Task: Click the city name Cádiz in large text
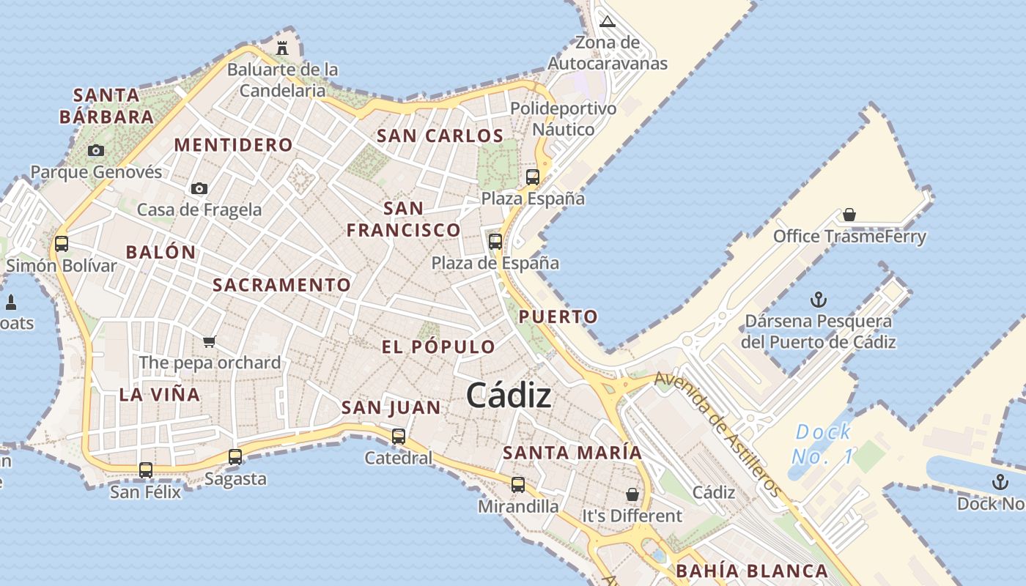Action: click(509, 396)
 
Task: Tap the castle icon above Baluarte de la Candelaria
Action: click(282, 48)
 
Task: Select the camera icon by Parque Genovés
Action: click(95, 151)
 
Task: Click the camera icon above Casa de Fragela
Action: click(199, 189)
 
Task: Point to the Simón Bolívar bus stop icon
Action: click(62, 243)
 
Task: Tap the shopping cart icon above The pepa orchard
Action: click(210, 341)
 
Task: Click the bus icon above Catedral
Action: click(399, 437)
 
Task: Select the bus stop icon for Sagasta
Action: click(235, 457)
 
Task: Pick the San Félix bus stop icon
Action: click(146, 470)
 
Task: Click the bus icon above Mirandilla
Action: click(518, 484)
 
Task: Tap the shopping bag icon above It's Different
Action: click(632, 494)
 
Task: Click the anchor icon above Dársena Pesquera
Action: click(818, 300)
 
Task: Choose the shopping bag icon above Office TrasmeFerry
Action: click(849, 215)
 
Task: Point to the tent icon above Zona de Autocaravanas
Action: click(607, 21)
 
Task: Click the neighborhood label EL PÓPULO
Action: click(438, 346)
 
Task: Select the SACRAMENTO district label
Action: click(281, 285)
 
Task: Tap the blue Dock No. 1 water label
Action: click(823, 444)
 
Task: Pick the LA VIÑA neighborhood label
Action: click(159, 395)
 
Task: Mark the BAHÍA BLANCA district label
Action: click(751, 571)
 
